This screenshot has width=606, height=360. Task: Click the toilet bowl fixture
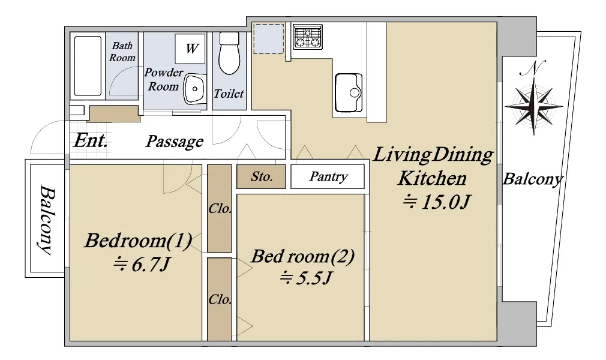(229, 53)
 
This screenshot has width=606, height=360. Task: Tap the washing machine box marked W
(190, 49)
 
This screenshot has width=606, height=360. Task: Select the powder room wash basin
(194, 89)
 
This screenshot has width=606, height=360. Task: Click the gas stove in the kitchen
(308, 37)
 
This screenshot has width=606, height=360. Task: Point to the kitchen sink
(349, 93)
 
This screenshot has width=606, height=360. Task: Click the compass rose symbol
(534, 105)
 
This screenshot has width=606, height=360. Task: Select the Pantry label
(329, 177)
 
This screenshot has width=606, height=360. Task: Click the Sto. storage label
(262, 177)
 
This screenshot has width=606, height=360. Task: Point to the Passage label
(175, 142)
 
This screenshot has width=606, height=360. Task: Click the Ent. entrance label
(91, 140)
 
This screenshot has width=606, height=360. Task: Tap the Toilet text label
(229, 93)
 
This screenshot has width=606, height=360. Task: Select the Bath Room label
(122, 52)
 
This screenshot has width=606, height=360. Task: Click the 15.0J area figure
(436, 202)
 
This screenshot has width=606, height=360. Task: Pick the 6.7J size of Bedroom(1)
(141, 265)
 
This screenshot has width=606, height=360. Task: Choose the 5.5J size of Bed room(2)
(306, 278)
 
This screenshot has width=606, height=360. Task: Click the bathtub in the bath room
(88, 66)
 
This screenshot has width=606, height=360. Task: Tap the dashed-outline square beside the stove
(269, 38)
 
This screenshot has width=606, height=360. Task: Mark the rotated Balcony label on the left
(46, 220)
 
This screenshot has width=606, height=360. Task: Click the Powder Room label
(163, 79)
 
